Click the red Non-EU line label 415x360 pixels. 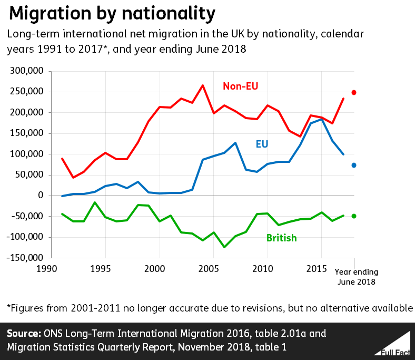tap(240, 86)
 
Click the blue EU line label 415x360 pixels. tap(262, 143)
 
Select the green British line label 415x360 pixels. tap(281, 238)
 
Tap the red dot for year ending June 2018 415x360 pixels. tap(354, 93)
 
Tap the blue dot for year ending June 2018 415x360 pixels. tap(354, 166)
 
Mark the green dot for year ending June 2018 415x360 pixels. tap(354, 216)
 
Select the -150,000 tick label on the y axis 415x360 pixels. tap(25, 258)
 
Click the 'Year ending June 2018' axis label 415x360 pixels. tap(357, 277)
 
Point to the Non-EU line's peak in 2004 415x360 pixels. tap(202, 85)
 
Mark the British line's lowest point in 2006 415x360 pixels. tap(224, 247)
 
